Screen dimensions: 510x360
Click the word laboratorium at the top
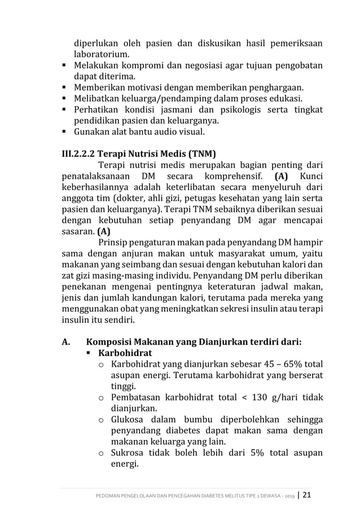101,55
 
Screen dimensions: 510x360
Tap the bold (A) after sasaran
104,232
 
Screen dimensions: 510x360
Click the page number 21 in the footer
307,495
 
